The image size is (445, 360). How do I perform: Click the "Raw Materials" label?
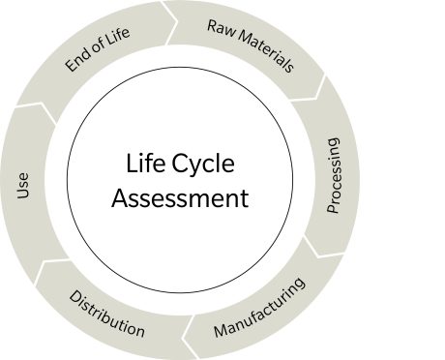[250, 46]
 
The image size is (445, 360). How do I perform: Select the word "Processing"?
[332, 175]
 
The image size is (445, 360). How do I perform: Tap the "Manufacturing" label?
[259, 309]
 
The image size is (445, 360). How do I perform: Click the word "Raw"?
[220, 27]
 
